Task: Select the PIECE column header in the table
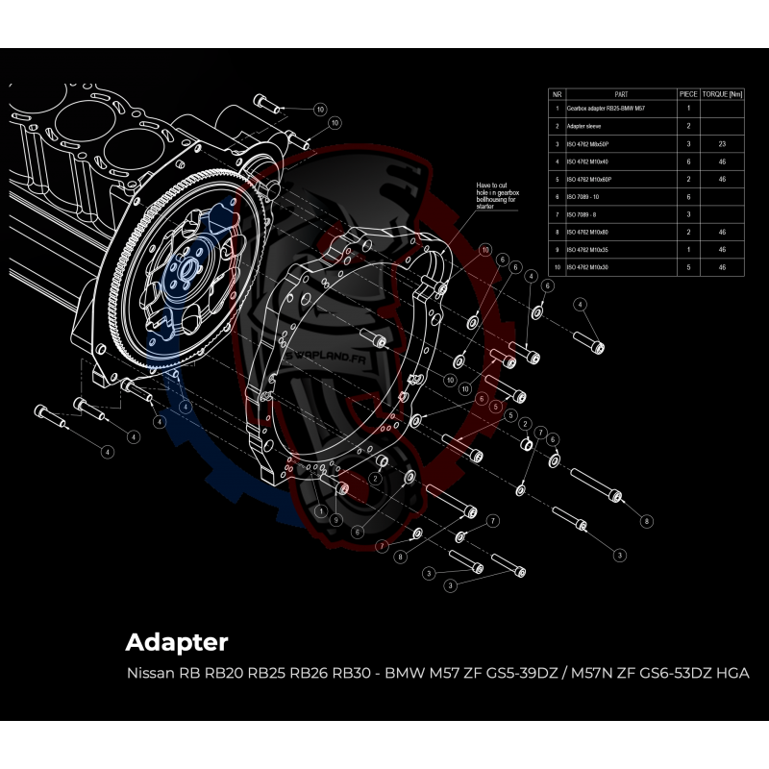point(688,94)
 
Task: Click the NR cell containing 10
point(557,266)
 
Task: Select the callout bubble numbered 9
point(335,519)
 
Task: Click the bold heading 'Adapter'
point(177,641)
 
